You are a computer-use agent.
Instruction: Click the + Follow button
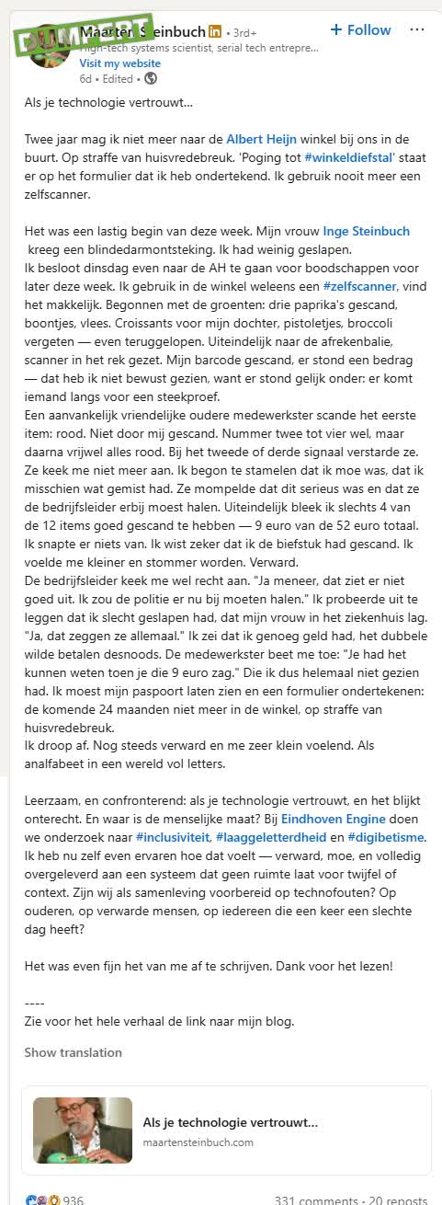click(x=361, y=30)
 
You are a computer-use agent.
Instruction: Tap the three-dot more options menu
click(x=417, y=29)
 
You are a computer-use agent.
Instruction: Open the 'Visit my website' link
click(x=119, y=63)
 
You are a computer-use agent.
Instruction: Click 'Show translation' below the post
click(x=73, y=1052)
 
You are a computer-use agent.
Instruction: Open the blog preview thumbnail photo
click(x=83, y=1130)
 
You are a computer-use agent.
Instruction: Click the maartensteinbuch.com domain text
click(x=198, y=1142)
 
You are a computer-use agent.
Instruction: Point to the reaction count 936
click(x=73, y=1199)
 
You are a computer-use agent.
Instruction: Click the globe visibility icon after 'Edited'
click(x=151, y=79)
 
